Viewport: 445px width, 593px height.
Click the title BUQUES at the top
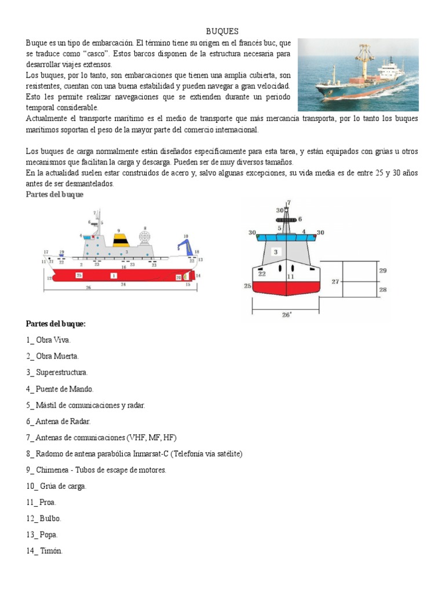[x=222, y=31]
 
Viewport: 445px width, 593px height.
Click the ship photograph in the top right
[x=358, y=75]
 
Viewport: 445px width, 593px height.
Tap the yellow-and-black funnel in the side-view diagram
[x=121, y=241]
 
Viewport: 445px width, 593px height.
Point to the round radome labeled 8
[x=145, y=239]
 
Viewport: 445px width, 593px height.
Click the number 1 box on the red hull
[x=114, y=276]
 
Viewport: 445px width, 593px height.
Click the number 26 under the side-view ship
[x=87, y=287]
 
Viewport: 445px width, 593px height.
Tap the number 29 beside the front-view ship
[x=382, y=270]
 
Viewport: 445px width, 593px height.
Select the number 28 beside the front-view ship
[x=382, y=289]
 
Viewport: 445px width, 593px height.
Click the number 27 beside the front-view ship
[x=335, y=281]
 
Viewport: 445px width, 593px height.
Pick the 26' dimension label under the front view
[x=287, y=316]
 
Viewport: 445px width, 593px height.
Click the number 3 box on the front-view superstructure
[x=276, y=251]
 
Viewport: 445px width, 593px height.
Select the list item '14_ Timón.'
[x=45, y=551]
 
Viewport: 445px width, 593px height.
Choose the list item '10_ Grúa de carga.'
[x=56, y=486]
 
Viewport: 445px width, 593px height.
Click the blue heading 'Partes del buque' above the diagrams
[x=55, y=195]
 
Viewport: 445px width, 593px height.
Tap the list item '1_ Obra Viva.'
[x=49, y=341]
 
